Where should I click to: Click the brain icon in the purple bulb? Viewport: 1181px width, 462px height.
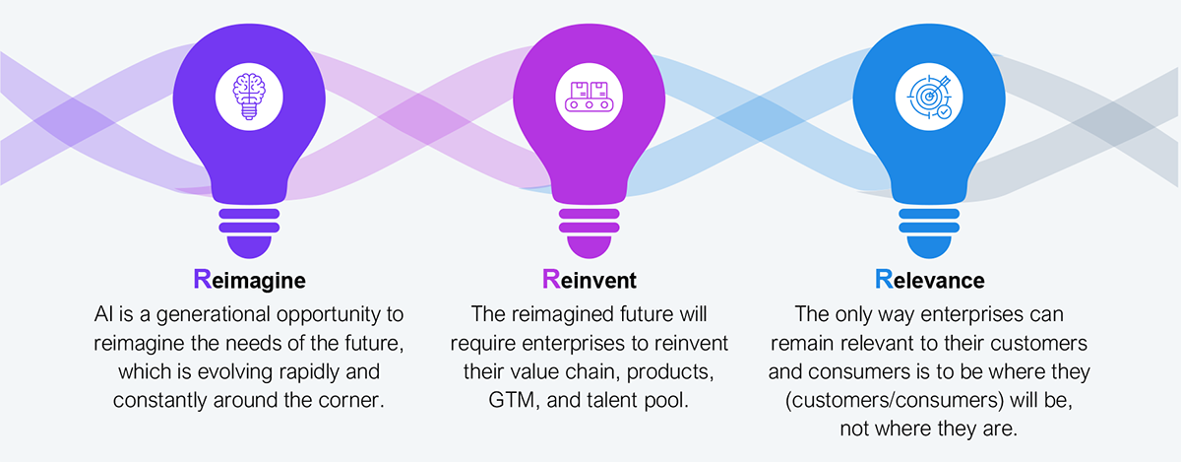pos(249,97)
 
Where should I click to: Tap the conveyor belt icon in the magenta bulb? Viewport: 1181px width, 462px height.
pos(589,97)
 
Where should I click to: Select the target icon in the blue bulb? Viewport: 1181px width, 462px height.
pos(929,98)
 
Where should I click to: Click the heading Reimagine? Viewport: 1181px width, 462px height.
pos(249,280)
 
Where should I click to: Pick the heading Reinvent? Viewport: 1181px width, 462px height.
pos(589,280)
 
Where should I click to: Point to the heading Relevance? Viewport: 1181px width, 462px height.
pos(929,280)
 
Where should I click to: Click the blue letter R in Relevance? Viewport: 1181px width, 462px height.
pos(884,279)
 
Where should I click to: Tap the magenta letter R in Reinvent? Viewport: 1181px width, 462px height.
pos(551,279)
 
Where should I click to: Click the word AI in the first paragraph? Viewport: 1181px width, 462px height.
pos(103,314)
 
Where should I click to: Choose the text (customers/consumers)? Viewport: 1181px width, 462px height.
pos(895,400)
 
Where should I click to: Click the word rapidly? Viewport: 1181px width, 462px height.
pos(309,371)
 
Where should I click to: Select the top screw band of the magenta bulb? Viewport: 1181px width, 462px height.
pos(589,214)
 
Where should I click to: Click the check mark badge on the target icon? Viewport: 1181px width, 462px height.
pos(944,112)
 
